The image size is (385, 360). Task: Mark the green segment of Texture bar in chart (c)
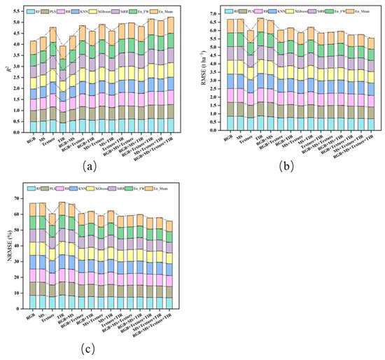52,231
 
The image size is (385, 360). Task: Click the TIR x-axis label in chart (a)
62,138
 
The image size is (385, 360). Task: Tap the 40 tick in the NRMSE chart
17,248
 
